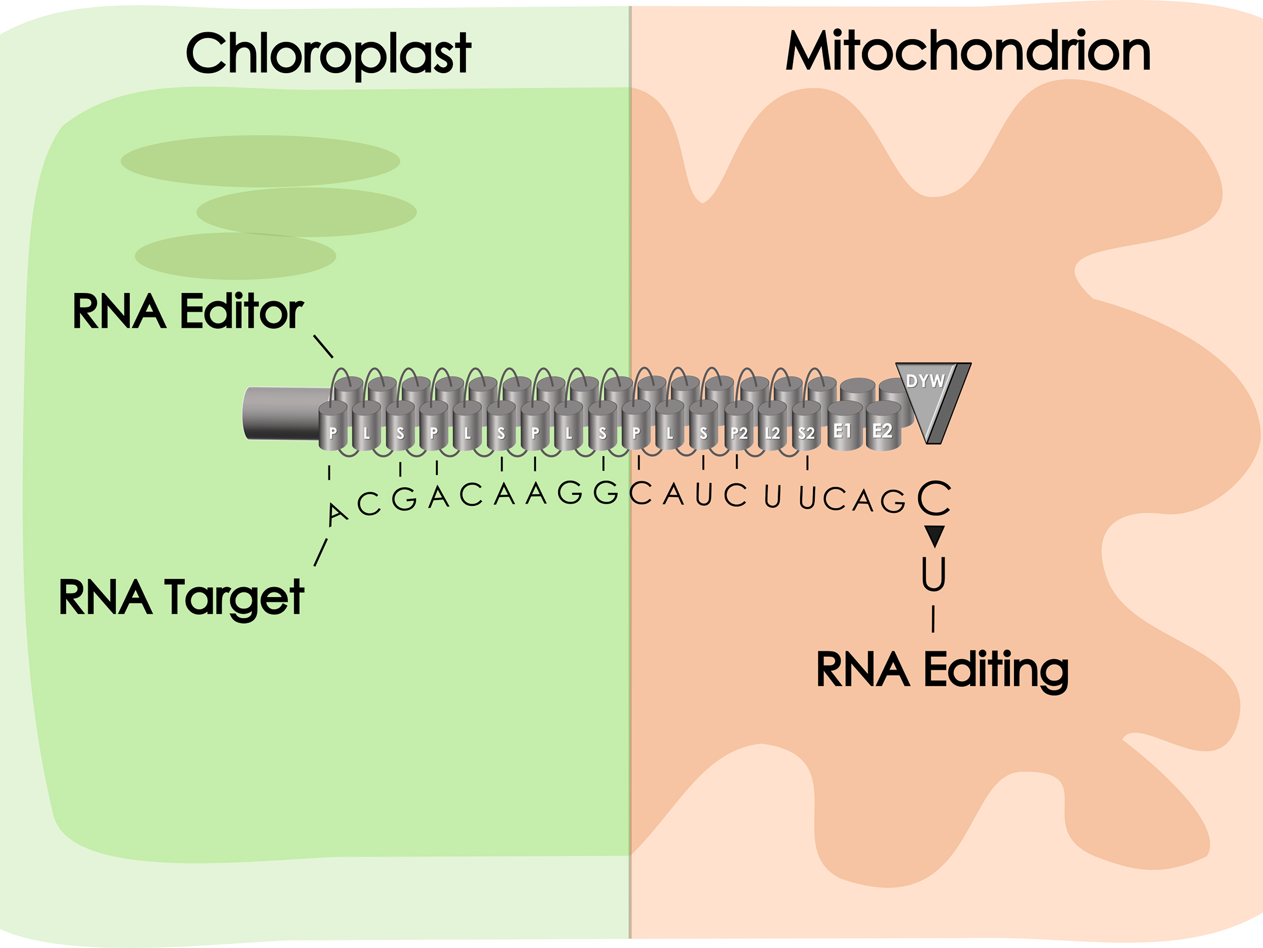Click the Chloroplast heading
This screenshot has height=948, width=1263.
click(x=328, y=54)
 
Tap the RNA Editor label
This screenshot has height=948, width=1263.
click(x=188, y=312)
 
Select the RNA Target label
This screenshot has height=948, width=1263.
click(x=181, y=598)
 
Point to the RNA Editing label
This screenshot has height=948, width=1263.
click(x=942, y=670)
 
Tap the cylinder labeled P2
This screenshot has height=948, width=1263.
click(x=739, y=431)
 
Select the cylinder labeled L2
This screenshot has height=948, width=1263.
click(x=772, y=431)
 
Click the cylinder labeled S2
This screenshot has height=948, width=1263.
click(x=806, y=431)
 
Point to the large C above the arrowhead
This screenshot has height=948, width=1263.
click(x=934, y=498)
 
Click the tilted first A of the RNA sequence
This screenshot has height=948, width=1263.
click(x=337, y=514)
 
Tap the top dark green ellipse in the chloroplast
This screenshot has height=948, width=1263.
click(x=260, y=161)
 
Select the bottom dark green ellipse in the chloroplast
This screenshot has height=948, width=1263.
click(x=235, y=256)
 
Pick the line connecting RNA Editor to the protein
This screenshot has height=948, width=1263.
click(x=323, y=346)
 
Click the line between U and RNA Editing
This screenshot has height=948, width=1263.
click(x=933, y=619)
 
